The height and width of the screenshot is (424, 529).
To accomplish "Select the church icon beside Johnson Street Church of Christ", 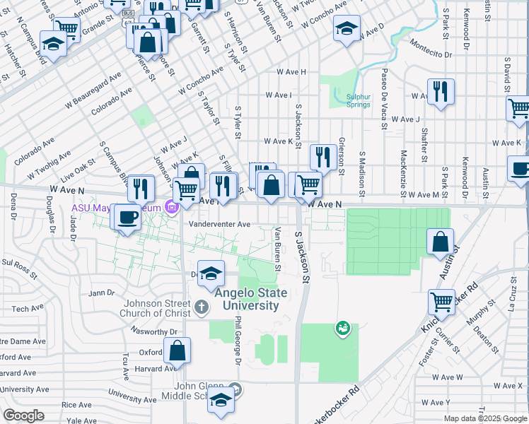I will (202, 307).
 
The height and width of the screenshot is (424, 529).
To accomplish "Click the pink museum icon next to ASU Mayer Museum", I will (170, 207).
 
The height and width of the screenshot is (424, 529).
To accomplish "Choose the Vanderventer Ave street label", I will (220, 224).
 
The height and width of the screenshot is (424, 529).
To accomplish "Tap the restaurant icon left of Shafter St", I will (440, 92).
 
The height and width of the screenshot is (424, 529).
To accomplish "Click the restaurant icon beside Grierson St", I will (322, 157).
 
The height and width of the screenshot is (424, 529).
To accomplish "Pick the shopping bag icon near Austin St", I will (440, 242).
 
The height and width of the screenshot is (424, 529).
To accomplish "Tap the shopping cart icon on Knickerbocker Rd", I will (441, 302).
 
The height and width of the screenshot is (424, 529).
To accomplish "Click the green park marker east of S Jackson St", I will (343, 327).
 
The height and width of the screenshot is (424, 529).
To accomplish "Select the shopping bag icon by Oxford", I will (177, 350).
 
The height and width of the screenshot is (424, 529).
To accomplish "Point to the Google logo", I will (25, 415).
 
